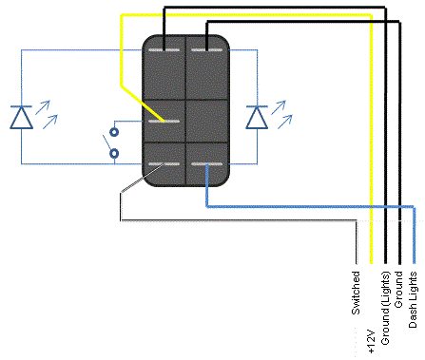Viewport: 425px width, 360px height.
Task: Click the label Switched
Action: (x=356, y=293)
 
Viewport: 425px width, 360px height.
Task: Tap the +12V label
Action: (x=371, y=341)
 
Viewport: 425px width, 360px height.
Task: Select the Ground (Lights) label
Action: (x=385, y=308)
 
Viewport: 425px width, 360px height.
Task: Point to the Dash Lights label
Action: (x=413, y=299)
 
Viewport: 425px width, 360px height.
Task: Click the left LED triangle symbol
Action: (x=21, y=118)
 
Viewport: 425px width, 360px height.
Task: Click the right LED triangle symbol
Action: (x=257, y=118)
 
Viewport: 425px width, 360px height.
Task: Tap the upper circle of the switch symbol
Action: (x=114, y=131)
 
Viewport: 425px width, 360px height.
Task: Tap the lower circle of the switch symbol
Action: (x=114, y=154)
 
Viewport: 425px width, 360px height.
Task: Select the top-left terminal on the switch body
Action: (x=164, y=50)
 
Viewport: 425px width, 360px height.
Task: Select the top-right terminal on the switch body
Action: (x=206, y=50)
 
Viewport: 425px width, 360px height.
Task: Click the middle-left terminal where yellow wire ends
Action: (x=164, y=122)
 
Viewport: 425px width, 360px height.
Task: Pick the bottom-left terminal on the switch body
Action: (x=164, y=164)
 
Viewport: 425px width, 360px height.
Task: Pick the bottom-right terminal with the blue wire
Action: (x=206, y=164)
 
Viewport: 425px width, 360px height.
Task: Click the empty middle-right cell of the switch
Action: (x=206, y=122)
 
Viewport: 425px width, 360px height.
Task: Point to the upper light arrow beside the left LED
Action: (x=43, y=107)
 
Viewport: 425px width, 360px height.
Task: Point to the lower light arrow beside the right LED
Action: (x=285, y=122)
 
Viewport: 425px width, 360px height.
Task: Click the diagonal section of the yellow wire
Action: (x=143, y=104)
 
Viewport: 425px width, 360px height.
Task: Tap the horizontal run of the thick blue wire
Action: (x=310, y=207)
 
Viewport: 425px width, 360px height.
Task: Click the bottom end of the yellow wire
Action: (x=371, y=263)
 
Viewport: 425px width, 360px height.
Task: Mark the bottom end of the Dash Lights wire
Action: (x=414, y=263)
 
